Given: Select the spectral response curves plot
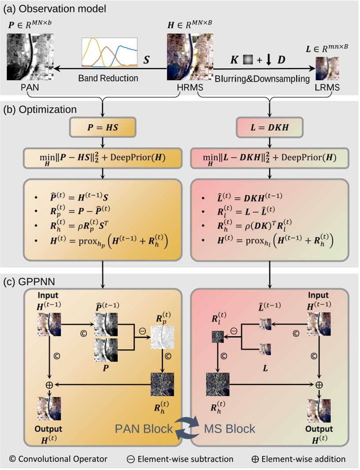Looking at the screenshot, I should click(110, 52).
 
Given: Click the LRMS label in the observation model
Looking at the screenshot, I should click(327, 88).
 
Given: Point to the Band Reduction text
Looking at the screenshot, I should click(108, 78).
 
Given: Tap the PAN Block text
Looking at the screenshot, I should click(144, 428).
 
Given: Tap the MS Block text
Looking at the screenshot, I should click(230, 428).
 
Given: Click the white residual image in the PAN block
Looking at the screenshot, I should click(162, 338).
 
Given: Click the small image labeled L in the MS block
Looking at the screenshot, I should click(265, 349).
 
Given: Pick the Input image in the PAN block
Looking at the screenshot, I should click(49, 325).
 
